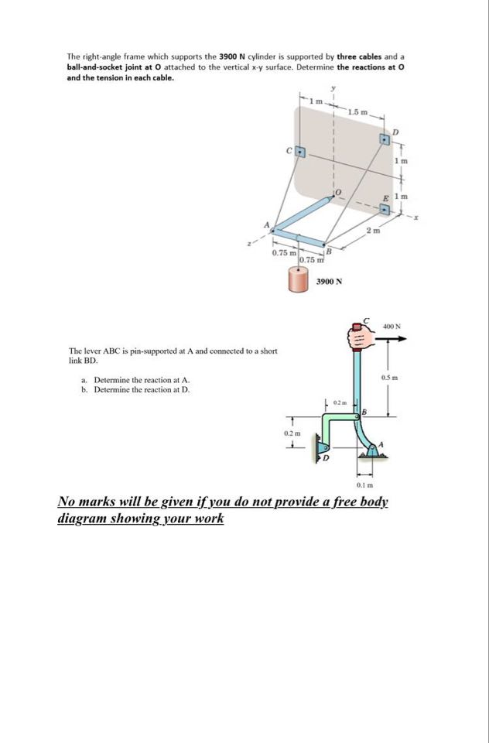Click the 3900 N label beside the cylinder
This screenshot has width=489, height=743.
[328, 283]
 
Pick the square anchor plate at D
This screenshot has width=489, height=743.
[385, 139]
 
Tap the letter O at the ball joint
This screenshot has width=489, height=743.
[337, 191]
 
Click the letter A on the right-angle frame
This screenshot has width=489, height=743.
[269, 224]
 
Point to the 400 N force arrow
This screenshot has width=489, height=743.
[392, 338]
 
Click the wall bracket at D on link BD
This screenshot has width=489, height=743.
[322, 448]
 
